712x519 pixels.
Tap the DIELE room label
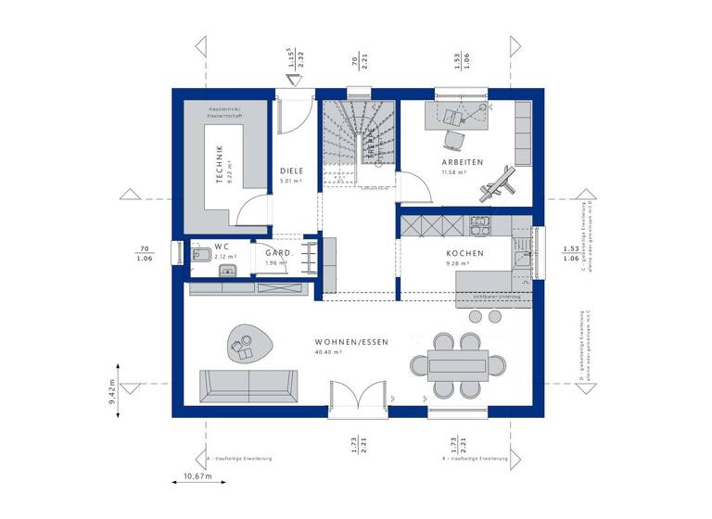[x=292, y=171]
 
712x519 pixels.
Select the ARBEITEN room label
[x=463, y=162]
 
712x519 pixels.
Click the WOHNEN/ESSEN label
[x=351, y=342]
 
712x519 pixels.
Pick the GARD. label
[x=279, y=253]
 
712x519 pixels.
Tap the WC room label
[x=222, y=247]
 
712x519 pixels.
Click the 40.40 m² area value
[x=329, y=353]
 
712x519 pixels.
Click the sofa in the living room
[x=249, y=385]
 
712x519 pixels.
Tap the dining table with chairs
[x=458, y=364]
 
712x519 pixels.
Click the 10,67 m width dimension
[x=197, y=476]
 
